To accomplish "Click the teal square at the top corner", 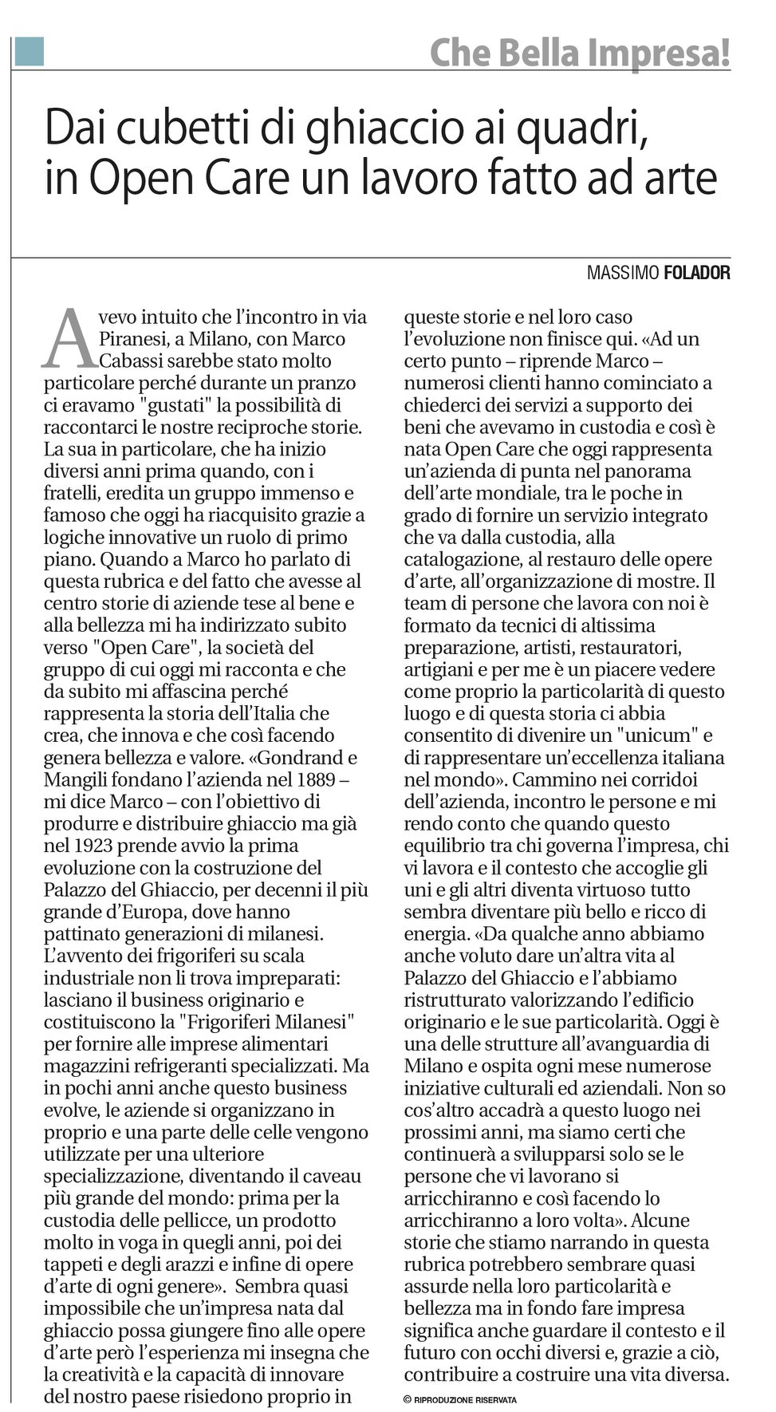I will [30, 52].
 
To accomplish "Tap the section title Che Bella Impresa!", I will [580, 53].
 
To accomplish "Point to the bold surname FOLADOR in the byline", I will [696, 273].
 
